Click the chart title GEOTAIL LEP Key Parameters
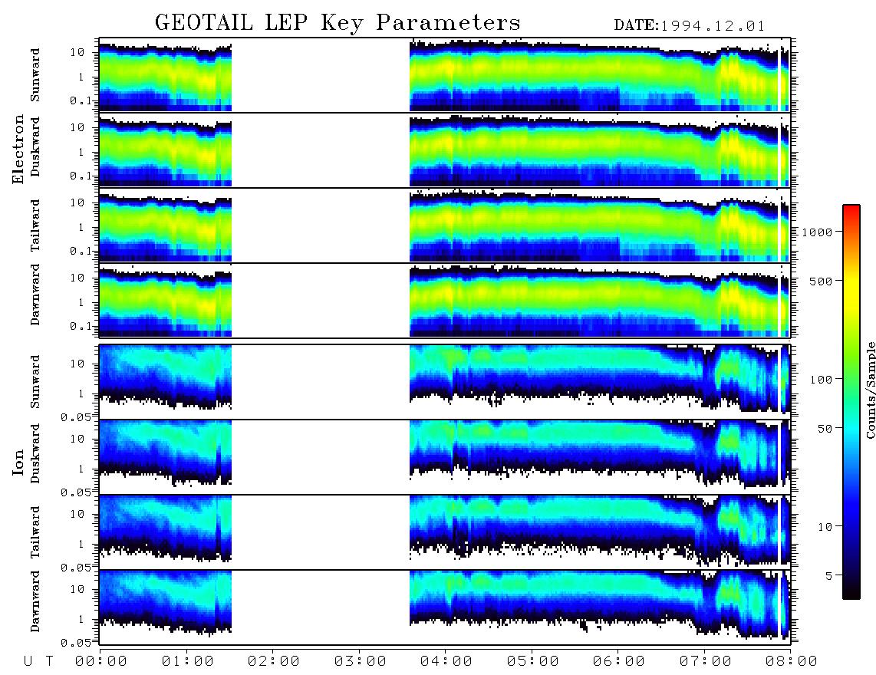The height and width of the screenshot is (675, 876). (x=338, y=22)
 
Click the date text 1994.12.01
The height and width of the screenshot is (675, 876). (x=713, y=26)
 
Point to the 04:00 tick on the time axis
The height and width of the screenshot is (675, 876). (x=445, y=649)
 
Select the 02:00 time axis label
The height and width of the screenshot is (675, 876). (x=273, y=661)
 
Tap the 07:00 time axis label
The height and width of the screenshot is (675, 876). (x=705, y=661)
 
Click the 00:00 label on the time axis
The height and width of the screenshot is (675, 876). (x=101, y=661)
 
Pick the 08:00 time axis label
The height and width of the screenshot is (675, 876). (x=791, y=661)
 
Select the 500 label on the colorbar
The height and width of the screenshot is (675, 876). (x=821, y=281)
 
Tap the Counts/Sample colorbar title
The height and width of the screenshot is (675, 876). (x=871, y=390)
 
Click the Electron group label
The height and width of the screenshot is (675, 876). (x=18, y=149)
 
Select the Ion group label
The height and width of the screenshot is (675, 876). (x=18, y=462)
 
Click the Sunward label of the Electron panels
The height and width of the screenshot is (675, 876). (x=35, y=75)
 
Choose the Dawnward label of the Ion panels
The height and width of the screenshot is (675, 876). (x=35, y=601)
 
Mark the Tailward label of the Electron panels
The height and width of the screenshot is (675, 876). (x=35, y=225)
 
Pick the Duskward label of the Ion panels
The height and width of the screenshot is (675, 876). (x=35, y=453)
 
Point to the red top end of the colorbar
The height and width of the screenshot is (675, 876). (x=851, y=207)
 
